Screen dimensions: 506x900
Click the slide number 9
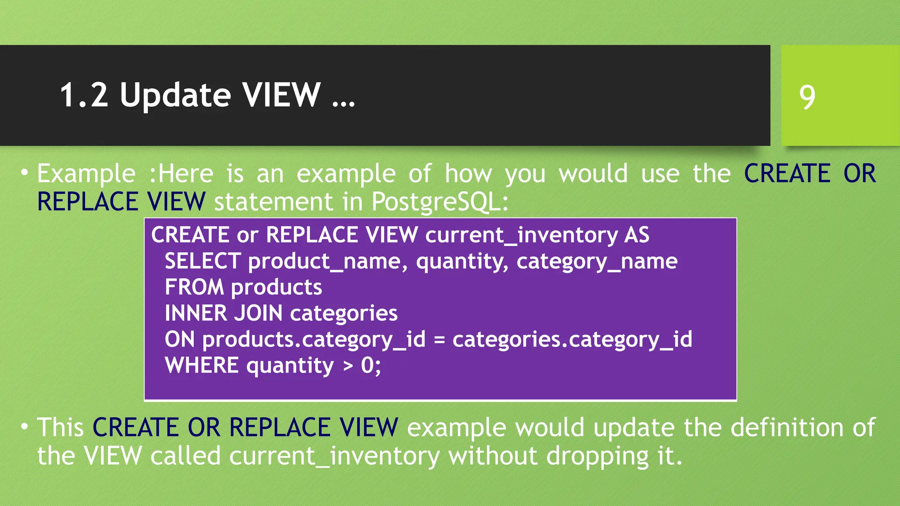(807, 97)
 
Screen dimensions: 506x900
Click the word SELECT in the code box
(203, 261)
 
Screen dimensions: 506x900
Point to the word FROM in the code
(194, 287)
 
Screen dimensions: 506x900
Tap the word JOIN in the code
(258, 313)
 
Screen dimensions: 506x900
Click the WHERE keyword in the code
(202, 365)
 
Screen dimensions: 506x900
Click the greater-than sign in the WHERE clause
(348, 366)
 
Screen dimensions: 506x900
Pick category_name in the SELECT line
(597, 261)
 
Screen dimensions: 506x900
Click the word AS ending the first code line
(636, 235)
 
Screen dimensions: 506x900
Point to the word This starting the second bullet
(60, 427)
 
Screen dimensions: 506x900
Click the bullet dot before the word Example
(25, 171)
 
